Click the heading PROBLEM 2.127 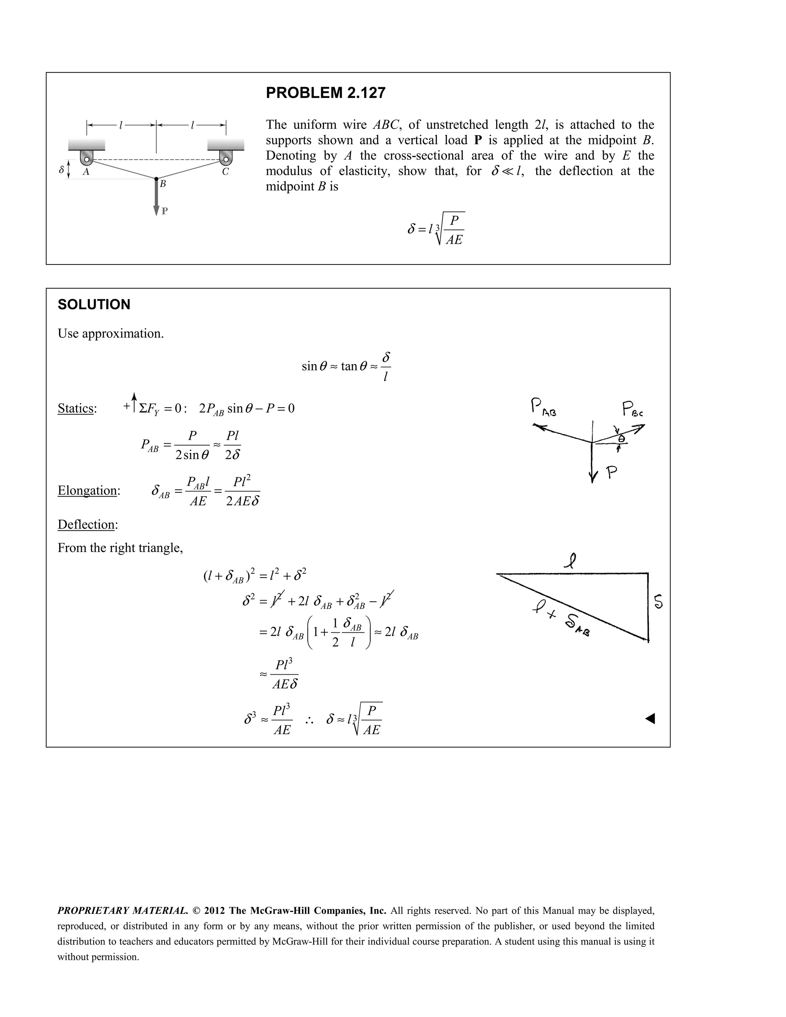click(x=325, y=93)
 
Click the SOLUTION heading click(x=94, y=305)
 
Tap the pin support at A click(x=87, y=158)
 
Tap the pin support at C click(x=225, y=158)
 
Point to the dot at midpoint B click(x=157, y=178)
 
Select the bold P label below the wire click(x=164, y=211)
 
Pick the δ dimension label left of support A click(x=61, y=170)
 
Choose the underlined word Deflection click(x=87, y=524)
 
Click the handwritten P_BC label click(x=633, y=409)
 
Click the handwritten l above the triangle click(x=570, y=561)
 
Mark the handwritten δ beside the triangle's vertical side click(x=659, y=602)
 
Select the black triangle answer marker click(x=650, y=718)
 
